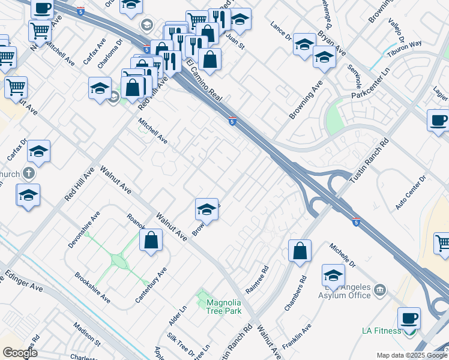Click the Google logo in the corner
tap(20, 353)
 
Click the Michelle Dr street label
tap(343, 255)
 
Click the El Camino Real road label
tap(205, 80)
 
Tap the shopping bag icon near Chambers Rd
tap(300, 251)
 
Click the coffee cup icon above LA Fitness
tap(409, 317)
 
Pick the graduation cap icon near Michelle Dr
tap(333, 275)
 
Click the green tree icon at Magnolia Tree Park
tap(200, 297)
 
